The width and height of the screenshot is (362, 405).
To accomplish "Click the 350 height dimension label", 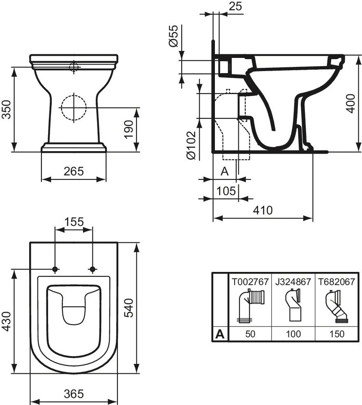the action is point(7,109).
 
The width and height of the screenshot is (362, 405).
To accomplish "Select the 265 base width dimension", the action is point(74,171).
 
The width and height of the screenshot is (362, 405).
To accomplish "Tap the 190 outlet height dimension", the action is point(129,129).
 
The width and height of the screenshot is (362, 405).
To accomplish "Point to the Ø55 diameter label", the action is point(174,36).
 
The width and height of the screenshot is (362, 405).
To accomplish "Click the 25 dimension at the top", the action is point(235,6).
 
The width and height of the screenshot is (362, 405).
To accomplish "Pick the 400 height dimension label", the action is point(350,104).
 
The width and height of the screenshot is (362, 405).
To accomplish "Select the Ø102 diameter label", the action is point(191,145).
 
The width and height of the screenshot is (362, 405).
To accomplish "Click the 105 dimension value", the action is point(226,191).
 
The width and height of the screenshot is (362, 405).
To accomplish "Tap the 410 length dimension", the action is point(263,210).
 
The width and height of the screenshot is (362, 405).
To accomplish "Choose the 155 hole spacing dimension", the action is point(74,222).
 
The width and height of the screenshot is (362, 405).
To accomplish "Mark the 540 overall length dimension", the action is point(129,308).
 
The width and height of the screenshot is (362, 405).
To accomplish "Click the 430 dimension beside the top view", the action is point(7,321).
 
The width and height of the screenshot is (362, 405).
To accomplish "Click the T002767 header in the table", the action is point(250,281).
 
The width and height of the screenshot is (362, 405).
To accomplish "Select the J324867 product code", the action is point(293,281).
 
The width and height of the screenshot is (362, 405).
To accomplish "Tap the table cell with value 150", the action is point(337,334).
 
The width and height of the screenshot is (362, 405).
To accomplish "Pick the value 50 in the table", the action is point(250,334).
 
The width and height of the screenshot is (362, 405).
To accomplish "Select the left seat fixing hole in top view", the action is point(55,269).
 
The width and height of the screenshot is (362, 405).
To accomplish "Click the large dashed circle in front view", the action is point(74,108).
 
